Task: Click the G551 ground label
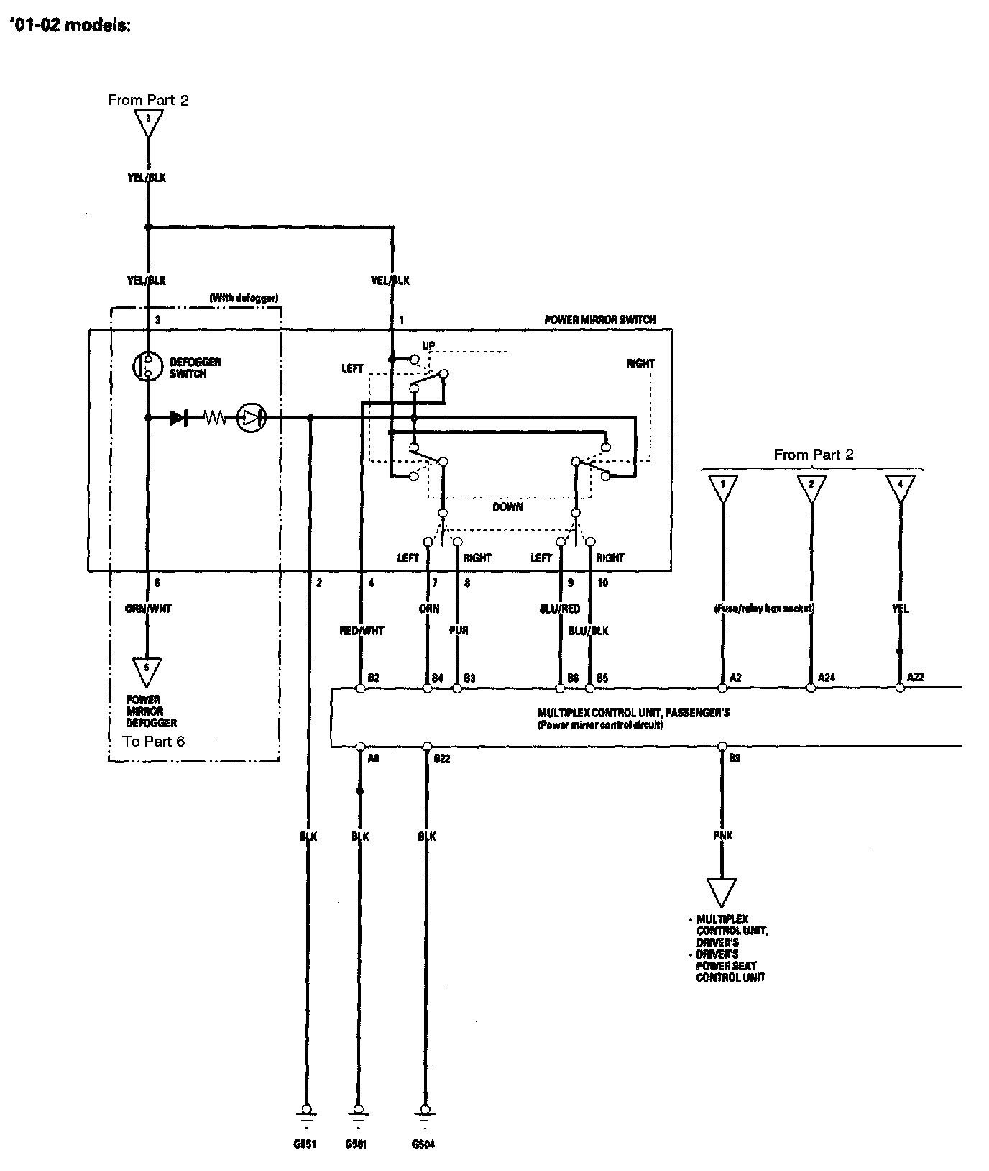coord(305,1144)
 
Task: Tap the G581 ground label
coord(356,1144)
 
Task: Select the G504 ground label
coord(423,1144)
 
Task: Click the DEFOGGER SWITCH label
coord(195,368)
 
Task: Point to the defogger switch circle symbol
coord(147,366)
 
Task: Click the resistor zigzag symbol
coord(214,417)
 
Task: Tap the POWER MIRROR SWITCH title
coord(599,319)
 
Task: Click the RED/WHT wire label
coord(362,631)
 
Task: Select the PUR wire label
coord(458,631)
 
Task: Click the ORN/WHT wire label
coord(148,609)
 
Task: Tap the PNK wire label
coord(722,836)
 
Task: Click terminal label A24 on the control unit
coord(826,677)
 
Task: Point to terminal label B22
coord(441,759)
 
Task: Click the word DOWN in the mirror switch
coord(507,507)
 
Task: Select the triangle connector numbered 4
coord(900,487)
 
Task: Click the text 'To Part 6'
coord(154,742)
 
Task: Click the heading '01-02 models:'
coord(70,26)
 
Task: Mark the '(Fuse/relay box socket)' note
coord(763,609)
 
